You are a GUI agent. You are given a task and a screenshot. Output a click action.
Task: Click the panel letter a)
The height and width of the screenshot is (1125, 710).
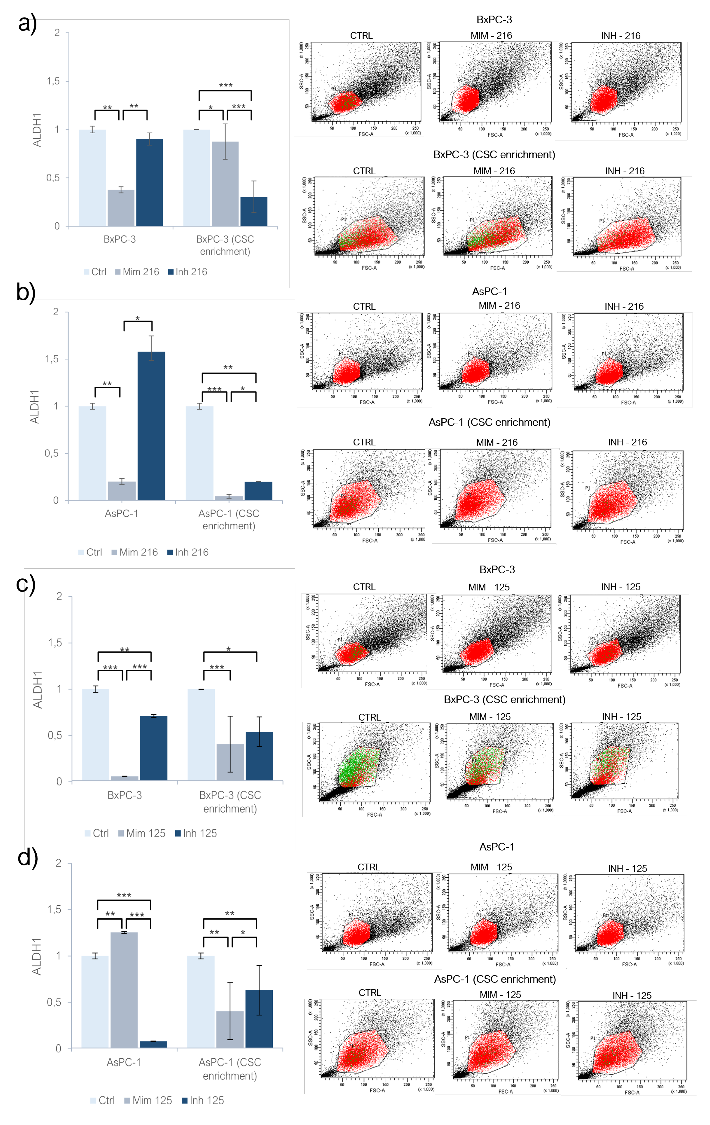27,23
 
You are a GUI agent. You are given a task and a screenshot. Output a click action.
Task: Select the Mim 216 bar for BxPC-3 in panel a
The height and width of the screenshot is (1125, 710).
121,208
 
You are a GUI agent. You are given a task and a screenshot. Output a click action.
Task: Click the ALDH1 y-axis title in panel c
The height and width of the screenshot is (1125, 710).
37,690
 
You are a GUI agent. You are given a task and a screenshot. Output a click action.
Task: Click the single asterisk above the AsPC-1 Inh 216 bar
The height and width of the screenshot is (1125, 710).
138,319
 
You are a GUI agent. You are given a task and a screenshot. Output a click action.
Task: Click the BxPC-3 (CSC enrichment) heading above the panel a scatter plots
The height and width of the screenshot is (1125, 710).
494,155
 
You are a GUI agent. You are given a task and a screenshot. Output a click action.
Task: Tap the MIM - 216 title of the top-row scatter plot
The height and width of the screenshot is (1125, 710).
491,36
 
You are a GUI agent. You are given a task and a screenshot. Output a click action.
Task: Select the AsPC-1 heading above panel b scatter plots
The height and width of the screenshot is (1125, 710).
489,292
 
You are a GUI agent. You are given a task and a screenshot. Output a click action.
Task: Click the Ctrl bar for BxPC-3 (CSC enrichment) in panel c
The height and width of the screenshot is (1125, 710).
201,734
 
